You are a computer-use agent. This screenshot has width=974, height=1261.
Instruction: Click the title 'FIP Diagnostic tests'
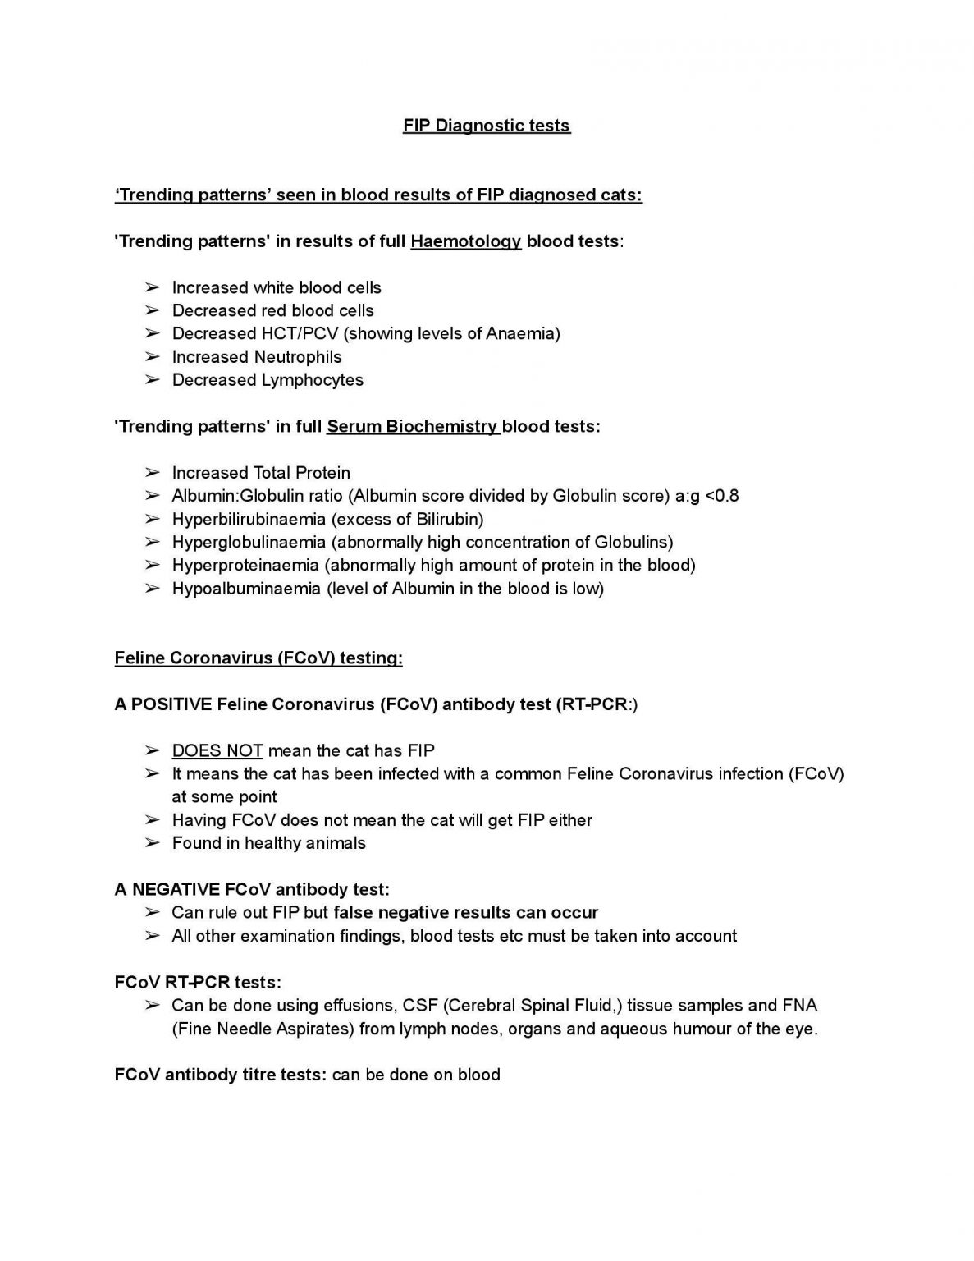click(x=486, y=126)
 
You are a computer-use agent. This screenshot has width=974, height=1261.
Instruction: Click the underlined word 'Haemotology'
click(x=465, y=241)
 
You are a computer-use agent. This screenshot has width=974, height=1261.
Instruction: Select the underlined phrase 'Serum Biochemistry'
click(x=413, y=427)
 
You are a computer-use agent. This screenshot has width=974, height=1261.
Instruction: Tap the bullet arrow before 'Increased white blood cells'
click(x=152, y=287)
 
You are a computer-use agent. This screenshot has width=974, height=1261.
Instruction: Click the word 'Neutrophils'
click(x=298, y=357)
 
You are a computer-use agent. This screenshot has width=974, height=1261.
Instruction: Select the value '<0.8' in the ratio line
click(x=721, y=496)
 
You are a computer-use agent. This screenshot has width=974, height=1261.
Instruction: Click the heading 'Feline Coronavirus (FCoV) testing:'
click(x=258, y=658)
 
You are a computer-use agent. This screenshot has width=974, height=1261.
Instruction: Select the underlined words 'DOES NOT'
click(x=217, y=750)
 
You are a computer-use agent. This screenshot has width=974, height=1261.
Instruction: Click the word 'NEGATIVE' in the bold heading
click(x=175, y=889)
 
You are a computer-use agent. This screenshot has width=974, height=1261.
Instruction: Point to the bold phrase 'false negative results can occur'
click(x=465, y=913)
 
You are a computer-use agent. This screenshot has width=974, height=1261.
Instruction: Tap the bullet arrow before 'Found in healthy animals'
click(x=152, y=843)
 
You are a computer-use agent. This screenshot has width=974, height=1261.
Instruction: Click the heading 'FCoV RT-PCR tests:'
click(x=198, y=982)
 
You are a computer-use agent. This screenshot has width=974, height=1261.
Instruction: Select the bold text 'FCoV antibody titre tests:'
click(x=221, y=1075)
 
